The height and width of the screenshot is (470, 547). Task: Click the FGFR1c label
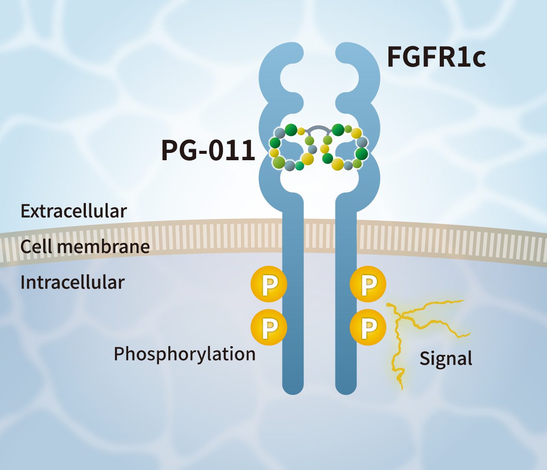click(x=436, y=58)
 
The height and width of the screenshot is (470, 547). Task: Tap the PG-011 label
click(x=208, y=150)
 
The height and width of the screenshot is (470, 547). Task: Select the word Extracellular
click(x=74, y=211)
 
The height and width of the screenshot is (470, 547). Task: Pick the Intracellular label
click(x=72, y=282)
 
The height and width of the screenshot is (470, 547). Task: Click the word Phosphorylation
click(x=185, y=354)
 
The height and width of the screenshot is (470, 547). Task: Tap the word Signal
click(x=446, y=358)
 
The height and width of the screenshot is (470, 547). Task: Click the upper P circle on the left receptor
click(x=269, y=284)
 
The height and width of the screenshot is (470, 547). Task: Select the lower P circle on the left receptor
click(x=269, y=327)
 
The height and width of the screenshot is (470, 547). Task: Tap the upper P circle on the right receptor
click(x=368, y=284)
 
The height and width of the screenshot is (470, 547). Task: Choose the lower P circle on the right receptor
click(x=368, y=327)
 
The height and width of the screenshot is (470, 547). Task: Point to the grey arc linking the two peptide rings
click(x=320, y=128)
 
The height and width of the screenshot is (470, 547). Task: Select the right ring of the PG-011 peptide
click(x=344, y=148)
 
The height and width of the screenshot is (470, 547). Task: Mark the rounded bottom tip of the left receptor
click(x=293, y=387)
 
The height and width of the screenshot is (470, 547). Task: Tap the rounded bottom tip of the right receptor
click(x=346, y=387)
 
